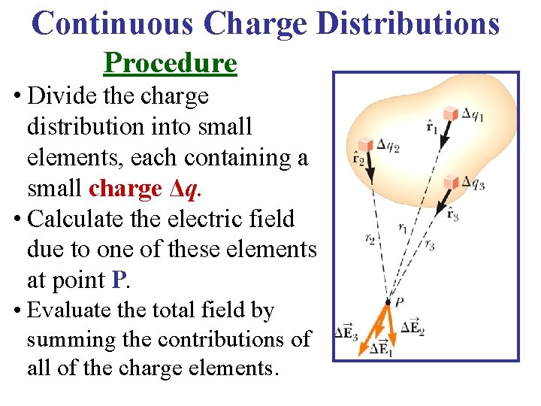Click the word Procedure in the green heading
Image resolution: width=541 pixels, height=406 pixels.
[x=171, y=63]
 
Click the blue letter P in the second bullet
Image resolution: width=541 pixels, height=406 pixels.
[x=117, y=280]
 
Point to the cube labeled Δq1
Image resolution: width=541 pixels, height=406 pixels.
[x=450, y=114]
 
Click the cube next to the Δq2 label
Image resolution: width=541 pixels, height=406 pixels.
[x=366, y=144]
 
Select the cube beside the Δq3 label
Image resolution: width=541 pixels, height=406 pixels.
[x=451, y=181]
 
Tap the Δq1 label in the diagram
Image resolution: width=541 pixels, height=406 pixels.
[x=473, y=114]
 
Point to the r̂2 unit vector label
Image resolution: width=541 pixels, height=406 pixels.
[x=358, y=159]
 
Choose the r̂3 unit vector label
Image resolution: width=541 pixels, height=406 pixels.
[x=452, y=214]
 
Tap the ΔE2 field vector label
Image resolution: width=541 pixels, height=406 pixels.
[x=412, y=327]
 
